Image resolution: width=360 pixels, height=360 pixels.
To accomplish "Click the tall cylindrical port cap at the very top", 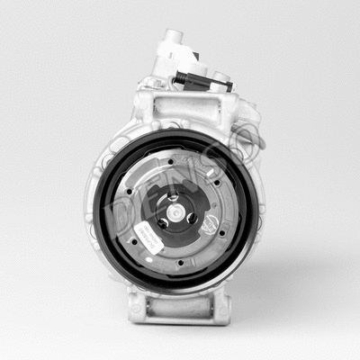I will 173,45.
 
